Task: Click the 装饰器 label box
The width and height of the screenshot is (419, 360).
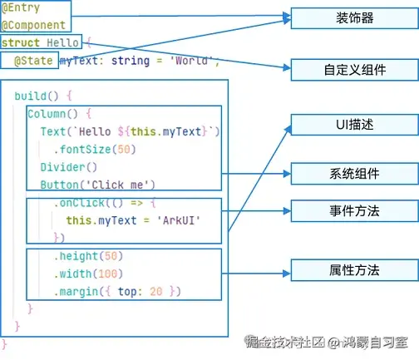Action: (x=354, y=18)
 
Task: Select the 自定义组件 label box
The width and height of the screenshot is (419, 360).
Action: (x=354, y=70)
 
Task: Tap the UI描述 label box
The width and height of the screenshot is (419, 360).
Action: (x=354, y=125)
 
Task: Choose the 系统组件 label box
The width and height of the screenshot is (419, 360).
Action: (x=354, y=174)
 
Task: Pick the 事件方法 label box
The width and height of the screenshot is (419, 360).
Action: (x=354, y=211)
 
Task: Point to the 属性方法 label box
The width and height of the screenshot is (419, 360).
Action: (x=354, y=270)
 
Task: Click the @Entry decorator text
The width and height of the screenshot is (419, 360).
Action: (x=21, y=7)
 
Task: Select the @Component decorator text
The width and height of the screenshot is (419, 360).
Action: (x=33, y=25)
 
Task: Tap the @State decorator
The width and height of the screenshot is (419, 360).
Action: (x=33, y=61)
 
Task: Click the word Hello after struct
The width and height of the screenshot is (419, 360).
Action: (x=62, y=42)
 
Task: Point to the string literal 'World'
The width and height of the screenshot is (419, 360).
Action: (x=191, y=60)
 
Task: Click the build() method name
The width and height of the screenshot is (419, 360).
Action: (x=37, y=96)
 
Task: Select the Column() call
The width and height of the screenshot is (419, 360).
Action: (x=52, y=114)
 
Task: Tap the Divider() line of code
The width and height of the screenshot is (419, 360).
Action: (x=69, y=167)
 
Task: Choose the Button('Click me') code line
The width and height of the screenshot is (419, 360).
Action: (x=97, y=185)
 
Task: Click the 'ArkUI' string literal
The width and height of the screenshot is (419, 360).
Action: (x=179, y=220)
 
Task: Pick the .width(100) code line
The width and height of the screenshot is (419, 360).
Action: (x=88, y=274)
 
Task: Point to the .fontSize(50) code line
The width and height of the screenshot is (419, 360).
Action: (x=95, y=150)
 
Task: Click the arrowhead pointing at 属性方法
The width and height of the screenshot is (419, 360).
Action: (x=287, y=274)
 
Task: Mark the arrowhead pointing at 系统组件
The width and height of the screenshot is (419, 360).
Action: (x=287, y=174)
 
